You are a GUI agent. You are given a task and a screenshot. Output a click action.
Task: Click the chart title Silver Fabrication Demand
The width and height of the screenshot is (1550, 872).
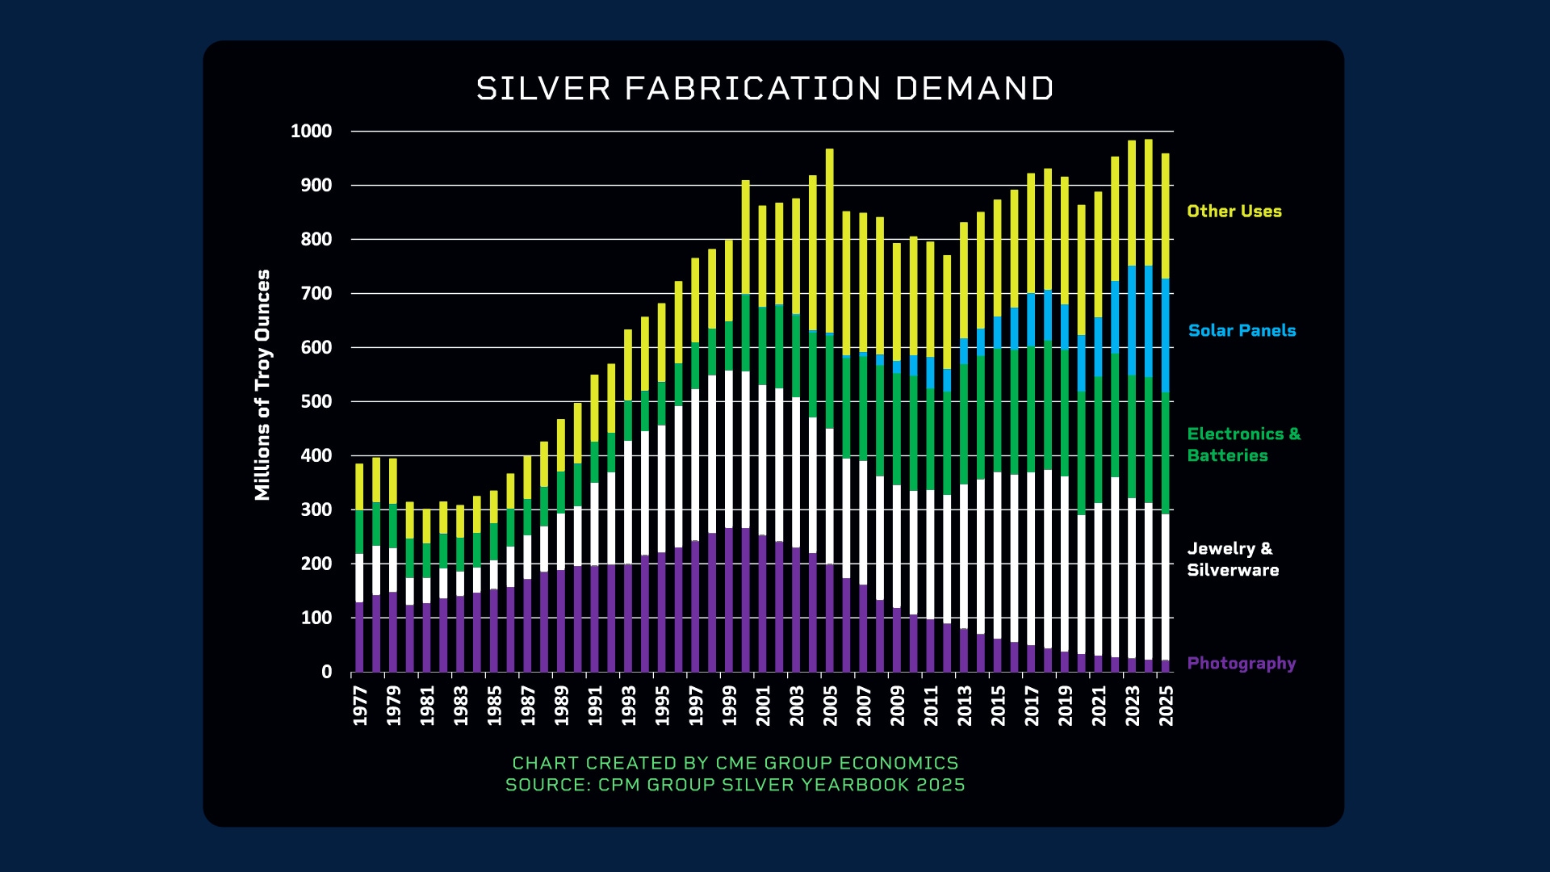pos(765,89)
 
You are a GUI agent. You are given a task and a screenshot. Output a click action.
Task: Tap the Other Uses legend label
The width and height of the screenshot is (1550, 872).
pos(1234,212)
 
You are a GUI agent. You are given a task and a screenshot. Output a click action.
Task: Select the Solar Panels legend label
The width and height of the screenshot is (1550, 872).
pos(1241,330)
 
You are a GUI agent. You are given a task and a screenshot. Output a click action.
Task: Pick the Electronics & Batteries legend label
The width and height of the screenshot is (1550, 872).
pos(1242,445)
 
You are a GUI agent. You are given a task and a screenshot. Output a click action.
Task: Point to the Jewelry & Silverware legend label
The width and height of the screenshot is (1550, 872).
pos(1232,560)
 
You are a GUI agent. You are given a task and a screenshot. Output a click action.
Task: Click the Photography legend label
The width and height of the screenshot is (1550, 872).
pos(1241,663)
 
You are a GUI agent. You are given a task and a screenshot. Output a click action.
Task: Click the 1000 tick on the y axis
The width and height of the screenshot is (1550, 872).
pos(311,132)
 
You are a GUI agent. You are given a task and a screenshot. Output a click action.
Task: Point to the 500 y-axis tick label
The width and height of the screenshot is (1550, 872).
pos(316,402)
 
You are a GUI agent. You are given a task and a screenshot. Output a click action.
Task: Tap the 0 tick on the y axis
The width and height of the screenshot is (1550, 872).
pos(326,672)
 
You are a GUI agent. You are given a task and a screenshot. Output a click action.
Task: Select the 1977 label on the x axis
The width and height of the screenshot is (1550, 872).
pos(360,706)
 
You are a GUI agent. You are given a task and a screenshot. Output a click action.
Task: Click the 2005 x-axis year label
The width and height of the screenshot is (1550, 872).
pos(830,706)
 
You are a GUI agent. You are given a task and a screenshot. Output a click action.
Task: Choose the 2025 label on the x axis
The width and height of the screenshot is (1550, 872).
pos(1166,706)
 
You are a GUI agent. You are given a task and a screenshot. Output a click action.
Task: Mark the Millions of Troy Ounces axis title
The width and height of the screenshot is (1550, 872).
pos(262,385)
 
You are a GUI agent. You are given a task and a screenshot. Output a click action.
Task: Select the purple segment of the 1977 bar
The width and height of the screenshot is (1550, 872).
pos(359,638)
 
